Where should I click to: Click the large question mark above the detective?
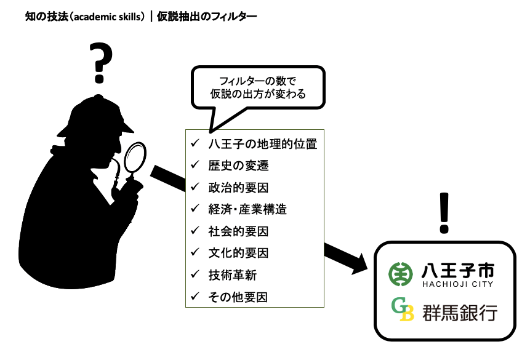pyautogui.click(x=101, y=62)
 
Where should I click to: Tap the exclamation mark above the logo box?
pyautogui.click(x=444, y=213)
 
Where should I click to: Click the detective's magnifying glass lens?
pyautogui.click(x=135, y=157)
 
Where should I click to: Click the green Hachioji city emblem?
pyautogui.click(x=401, y=274)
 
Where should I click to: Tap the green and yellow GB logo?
pyautogui.click(x=402, y=309)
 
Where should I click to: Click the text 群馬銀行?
pyautogui.click(x=460, y=313)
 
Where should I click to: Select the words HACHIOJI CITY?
pyautogui.click(x=458, y=284)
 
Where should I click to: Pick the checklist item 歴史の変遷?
pyautogui.click(x=238, y=166)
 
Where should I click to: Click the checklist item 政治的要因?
pyautogui.click(x=238, y=188)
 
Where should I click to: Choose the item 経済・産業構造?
pyautogui.click(x=247, y=209)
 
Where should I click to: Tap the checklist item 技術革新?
pyautogui.click(x=232, y=275)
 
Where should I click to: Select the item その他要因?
pyautogui.click(x=238, y=297)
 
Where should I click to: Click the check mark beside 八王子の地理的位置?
pyautogui.click(x=195, y=143)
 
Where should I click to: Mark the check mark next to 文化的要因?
pyautogui.click(x=195, y=252)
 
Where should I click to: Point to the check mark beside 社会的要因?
pyautogui.click(x=195, y=230)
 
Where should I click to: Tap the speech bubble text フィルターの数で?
pyautogui.click(x=257, y=81)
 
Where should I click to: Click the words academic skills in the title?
pyautogui.click(x=108, y=17)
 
